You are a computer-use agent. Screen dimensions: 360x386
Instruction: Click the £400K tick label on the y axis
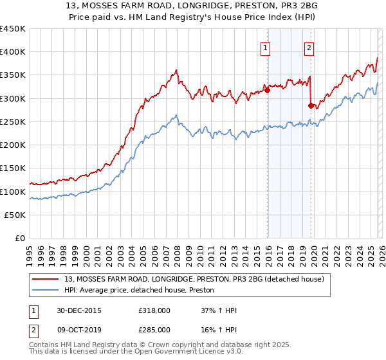[13, 52]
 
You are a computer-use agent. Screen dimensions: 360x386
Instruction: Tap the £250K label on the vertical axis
[13, 122]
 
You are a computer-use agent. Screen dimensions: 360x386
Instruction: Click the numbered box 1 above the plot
[265, 47]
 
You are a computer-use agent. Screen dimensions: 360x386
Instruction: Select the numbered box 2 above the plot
[309, 47]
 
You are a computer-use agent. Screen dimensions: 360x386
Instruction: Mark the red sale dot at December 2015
[267, 90]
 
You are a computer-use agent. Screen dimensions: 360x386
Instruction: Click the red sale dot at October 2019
[311, 105]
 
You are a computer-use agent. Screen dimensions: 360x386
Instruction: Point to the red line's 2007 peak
[176, 69]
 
